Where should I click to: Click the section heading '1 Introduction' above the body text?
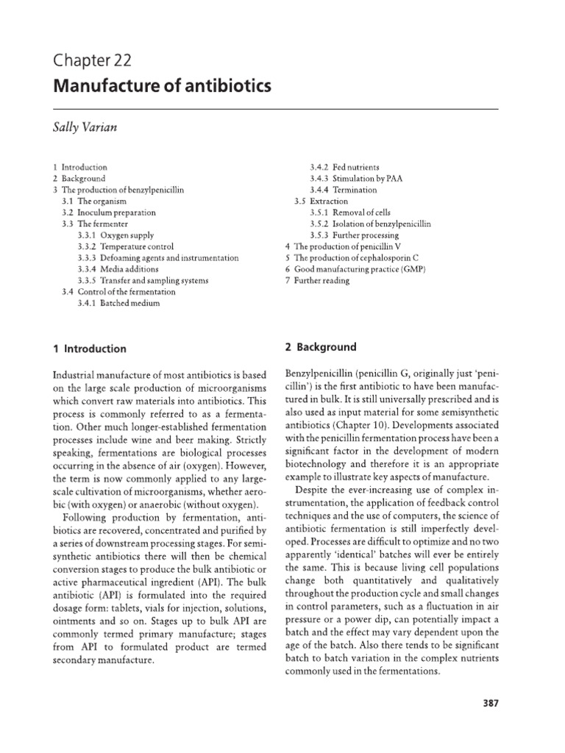(x=89, y=349)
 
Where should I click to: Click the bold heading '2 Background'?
(x=320, y=346)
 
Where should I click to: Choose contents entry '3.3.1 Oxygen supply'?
(x=113, y=235)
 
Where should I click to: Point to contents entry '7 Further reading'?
(x=317, y=280)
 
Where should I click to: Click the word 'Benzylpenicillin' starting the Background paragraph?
(x=316, y=374)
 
